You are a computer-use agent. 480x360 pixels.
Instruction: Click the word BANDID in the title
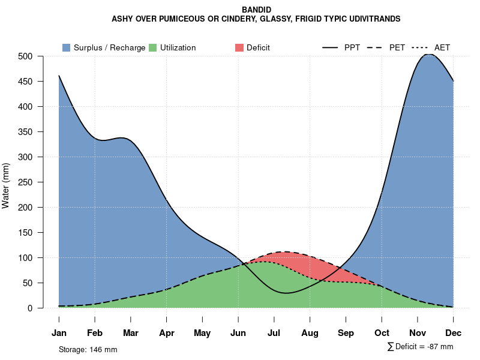coord(256,10)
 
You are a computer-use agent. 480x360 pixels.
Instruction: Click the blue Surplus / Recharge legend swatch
coord(67,47)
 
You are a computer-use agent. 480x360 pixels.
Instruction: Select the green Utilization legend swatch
coord(153,47)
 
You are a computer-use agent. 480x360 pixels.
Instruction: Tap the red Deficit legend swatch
coord(239,47)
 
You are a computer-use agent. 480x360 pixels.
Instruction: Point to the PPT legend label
coord(352,47)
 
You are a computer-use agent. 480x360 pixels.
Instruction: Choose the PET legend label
coord(397,47)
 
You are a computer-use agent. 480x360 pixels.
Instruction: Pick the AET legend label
coord(442,47)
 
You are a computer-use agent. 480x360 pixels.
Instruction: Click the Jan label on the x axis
coord(59,333)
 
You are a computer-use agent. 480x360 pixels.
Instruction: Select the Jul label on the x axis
coord(274,333)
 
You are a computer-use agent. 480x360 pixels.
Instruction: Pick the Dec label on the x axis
coord(454,333)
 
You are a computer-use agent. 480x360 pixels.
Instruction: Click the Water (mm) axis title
coord(6,185)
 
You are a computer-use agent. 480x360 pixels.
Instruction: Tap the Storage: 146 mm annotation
coord(88,349)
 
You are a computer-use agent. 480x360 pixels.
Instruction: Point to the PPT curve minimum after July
coord(287,293)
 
